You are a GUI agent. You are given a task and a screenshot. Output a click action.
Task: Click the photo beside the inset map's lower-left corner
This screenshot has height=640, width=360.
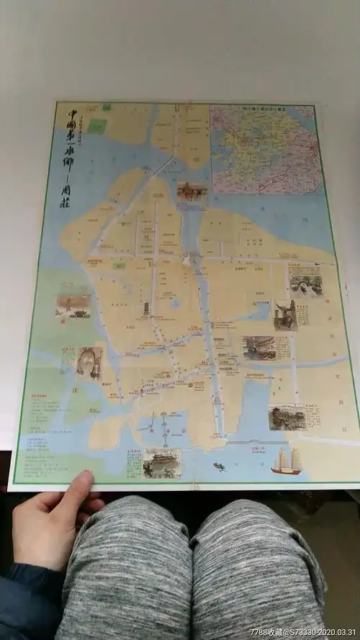pyautogui.click(x=192, y=191)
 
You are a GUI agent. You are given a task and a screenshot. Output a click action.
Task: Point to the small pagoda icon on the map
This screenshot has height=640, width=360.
pyautogui.click(x=145, y=310)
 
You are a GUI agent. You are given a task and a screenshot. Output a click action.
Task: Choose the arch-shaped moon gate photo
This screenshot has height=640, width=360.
pyautogui.click(x=89, y=363)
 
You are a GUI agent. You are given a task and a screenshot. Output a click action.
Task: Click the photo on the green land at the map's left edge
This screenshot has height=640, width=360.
pyautogui.click(x=73, y=305)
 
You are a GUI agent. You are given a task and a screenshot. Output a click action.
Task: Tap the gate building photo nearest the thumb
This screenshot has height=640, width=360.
pyautogui.click(x=161, y=463)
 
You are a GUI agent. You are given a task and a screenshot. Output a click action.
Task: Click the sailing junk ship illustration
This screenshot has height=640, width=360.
pyautogui.click(x=287, y=461)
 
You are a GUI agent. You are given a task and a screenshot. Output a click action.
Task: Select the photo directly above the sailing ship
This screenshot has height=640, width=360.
pyautogui.click(x=287, y=416)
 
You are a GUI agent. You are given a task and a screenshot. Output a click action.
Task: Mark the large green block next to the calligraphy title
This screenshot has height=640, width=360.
pyautogui.click(x=99, y=127)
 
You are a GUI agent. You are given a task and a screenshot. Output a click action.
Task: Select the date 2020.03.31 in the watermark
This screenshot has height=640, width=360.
pyautogui.click(x=336, y=632)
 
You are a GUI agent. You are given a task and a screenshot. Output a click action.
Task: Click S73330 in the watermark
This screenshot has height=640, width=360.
pyautogui.click(x=302, y=632)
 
